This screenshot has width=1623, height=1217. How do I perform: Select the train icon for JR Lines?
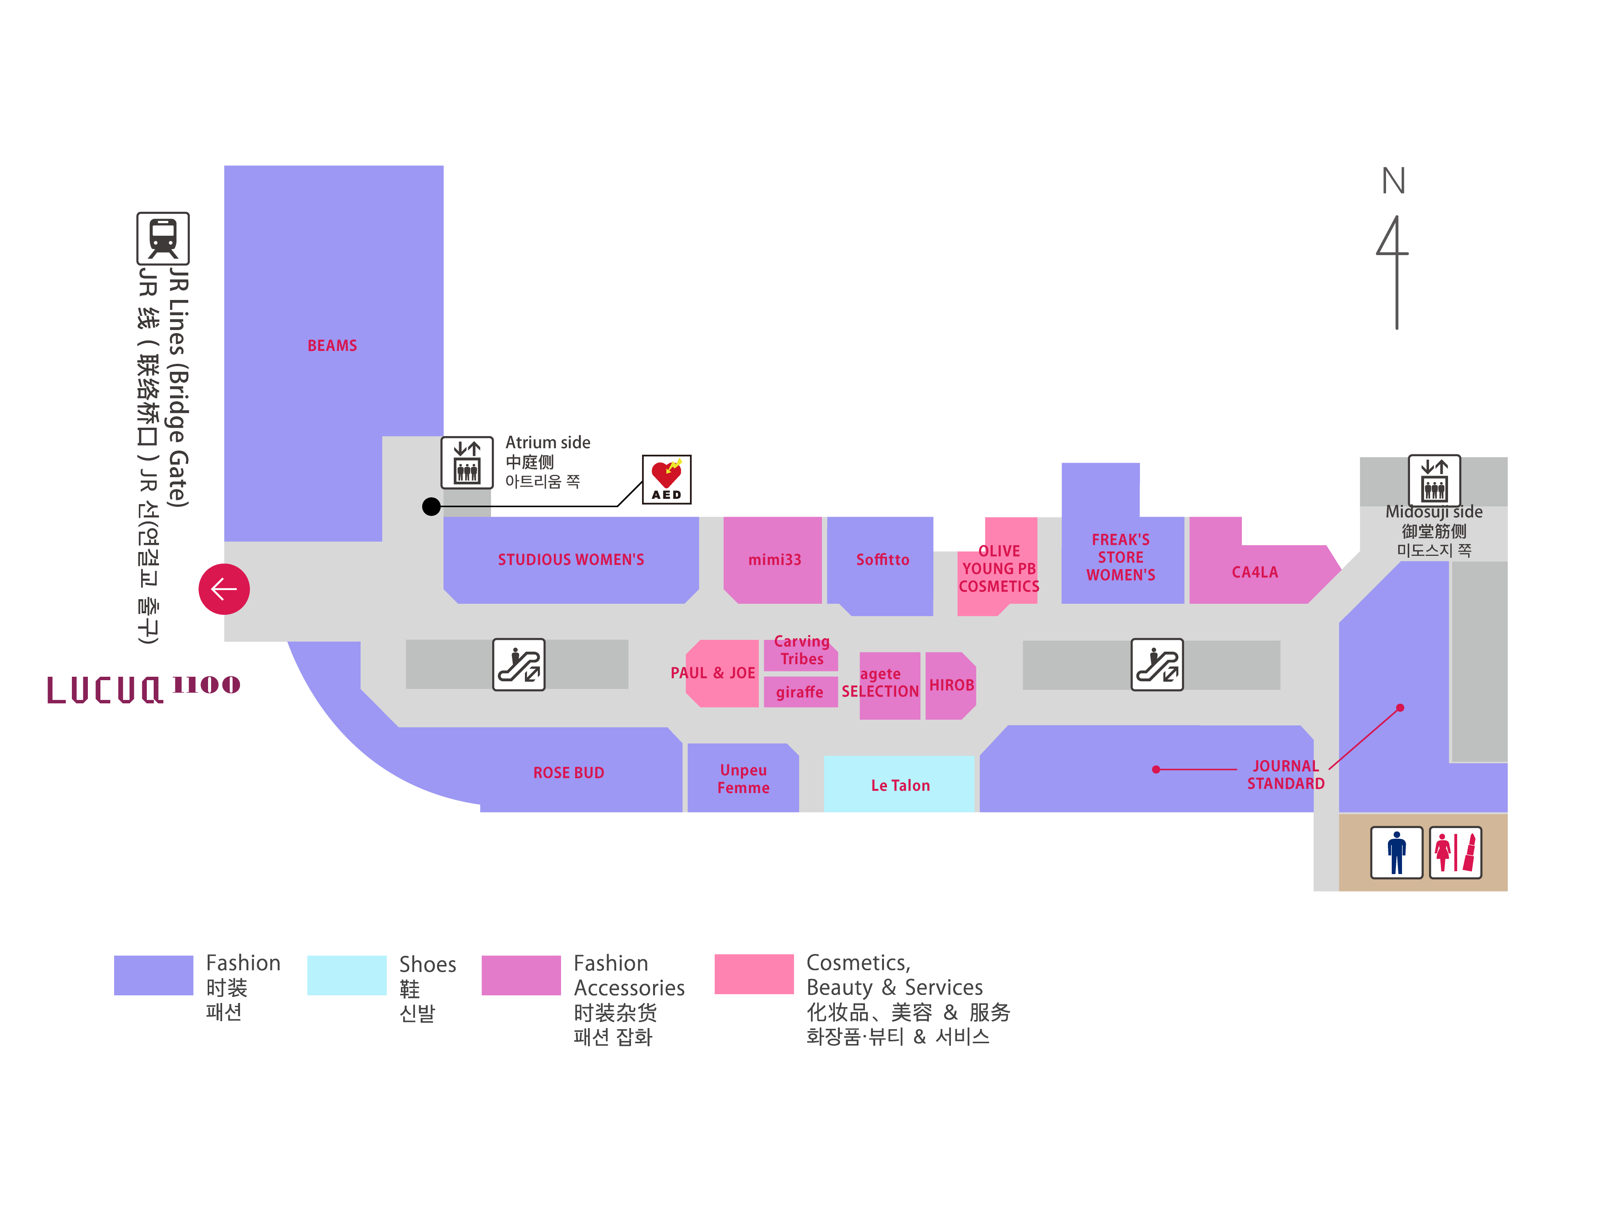pyautogui.click(x=163, y=238)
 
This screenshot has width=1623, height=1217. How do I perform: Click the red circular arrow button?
pyautogui.click(x=224, y=589)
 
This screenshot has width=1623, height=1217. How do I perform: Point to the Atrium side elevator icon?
pyautogui.click(x=467, y=463)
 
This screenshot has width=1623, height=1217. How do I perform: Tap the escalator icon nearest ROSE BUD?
pyautogui.click(x=519, y=665)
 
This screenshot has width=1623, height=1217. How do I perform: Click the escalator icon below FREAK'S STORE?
pyautogui.click(x=1157, y=665)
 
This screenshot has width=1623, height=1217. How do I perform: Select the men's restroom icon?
pyautogui.click(x=1396, y=852)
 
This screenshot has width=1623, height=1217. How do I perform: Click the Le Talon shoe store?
pyautogui.click(x=900, y=785)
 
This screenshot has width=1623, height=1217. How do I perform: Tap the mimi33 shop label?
pyautogui.click(x=774, y=560)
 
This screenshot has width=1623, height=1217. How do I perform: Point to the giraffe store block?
pyautogui.click(x=800, y=692)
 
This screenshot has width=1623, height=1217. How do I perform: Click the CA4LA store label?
pyautogui.click(x=1255, y=572)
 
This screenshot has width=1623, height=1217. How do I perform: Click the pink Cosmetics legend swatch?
pyautogui.click(x=753, y=974)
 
